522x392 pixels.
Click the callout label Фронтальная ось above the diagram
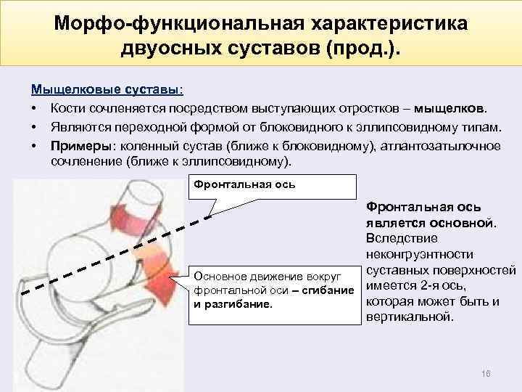tap(243, 184)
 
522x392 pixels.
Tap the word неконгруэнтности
tap(420, 254)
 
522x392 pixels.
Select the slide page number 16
tap(485, 372)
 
